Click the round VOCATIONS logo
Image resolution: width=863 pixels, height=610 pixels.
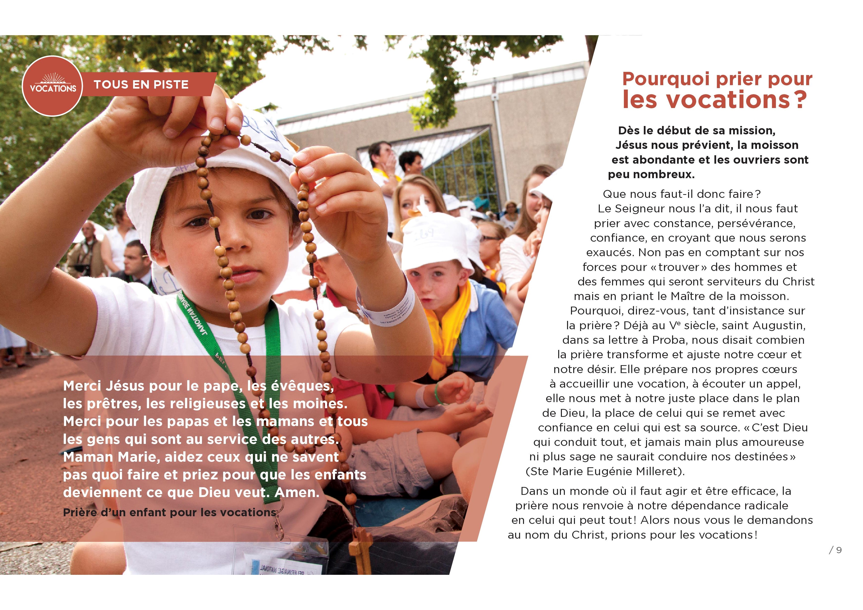click(x=52, y=86)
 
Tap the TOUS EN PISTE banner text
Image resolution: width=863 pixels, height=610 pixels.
click(x=141, y=85)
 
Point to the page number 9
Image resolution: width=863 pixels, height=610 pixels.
click(x=839, y=550)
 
